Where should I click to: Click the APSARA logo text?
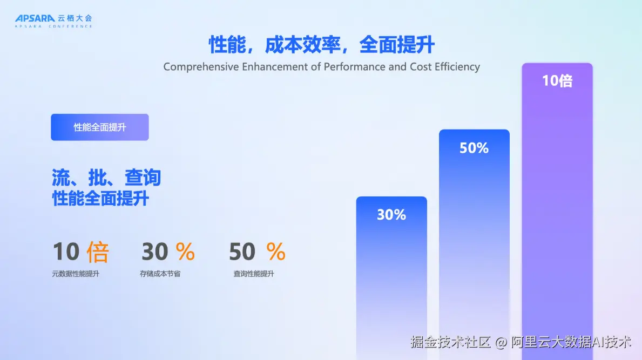35,18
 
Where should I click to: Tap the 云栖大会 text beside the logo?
75,18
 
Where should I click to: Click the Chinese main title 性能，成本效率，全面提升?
321,45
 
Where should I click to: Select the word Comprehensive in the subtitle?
201,67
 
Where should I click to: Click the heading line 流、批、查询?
106,178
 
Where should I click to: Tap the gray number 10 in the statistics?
66,251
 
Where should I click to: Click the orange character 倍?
97,252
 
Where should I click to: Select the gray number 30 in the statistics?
155,251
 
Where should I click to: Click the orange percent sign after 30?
185,251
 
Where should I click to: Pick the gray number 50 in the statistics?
242,251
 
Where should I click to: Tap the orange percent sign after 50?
276,251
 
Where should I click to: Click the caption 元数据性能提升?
76,274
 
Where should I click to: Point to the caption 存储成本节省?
160,274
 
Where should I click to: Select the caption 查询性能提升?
254,274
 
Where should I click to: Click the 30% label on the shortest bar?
391,215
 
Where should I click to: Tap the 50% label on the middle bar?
474,148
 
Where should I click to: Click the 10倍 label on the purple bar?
557,80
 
